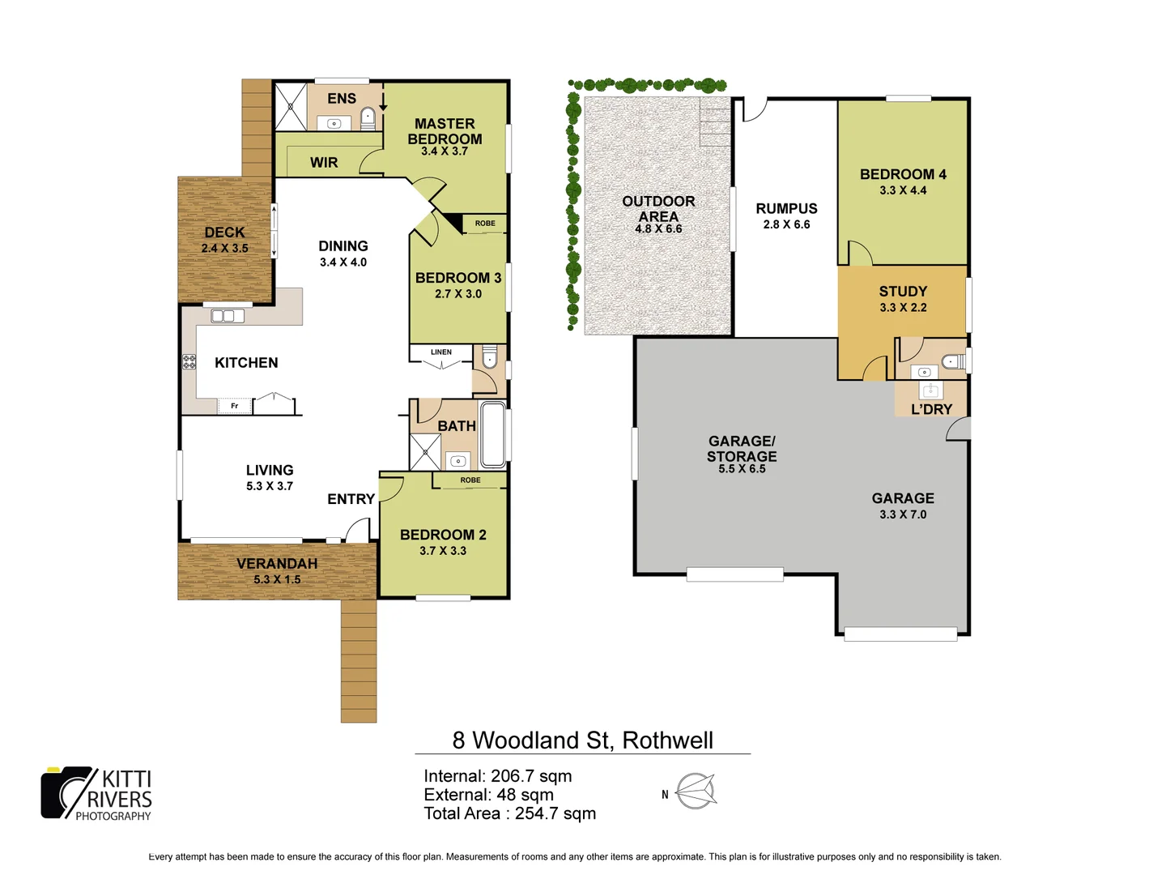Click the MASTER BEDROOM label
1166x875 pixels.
pyautogui.click(x=445, y=131)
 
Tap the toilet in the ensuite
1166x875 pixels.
pyautogui.click(x=368, y=117)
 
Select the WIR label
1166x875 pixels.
pyautogui.click(x=324, y=163)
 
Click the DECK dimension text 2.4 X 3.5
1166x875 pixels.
pyautogui.click(x=224, y=249)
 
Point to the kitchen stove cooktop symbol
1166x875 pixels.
pyautogui.click(x=189, y=361)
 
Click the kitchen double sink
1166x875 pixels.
pyautogui.click(x=228, y=316)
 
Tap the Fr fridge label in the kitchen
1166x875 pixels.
pyautogui.click(x=235, y=406)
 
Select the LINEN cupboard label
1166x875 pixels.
pyautogui.click(x=441, y=352)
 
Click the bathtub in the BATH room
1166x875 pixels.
pyautogui.click(x=493, y=434)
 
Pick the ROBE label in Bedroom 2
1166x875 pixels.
pyautogui.click(x=470, y=480)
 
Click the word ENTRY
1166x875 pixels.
pyautogui.click(x=351, y=499)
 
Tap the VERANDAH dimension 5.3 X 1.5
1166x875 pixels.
pyautogui.click(x=277, y=579)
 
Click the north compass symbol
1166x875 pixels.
pyautogui.click(x=696, y=792)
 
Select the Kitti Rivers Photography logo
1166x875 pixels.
pyautogui.click(x=96, y=794)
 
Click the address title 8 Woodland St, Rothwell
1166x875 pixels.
pyautogui.click(x=582, y=741)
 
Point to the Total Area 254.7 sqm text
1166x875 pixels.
pyautogui.click(x=509, y=813)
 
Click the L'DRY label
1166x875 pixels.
pyautogui.click(x=931, y=409)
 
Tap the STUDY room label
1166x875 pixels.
pyautogui.click(x=903, y=292)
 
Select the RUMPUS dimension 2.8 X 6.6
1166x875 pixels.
pyautogui.click(x=786, y=224)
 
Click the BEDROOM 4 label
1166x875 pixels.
pyautogui.click(x=903, y=174)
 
